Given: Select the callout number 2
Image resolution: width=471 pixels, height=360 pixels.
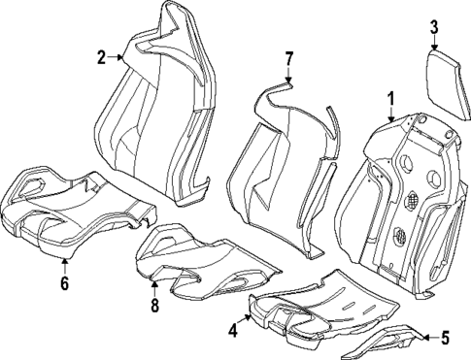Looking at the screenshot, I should coord(100,57).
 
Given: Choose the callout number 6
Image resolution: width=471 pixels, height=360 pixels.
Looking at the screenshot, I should coord(64,284).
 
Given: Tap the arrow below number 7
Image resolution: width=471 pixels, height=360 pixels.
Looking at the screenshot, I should coord(287,78).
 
